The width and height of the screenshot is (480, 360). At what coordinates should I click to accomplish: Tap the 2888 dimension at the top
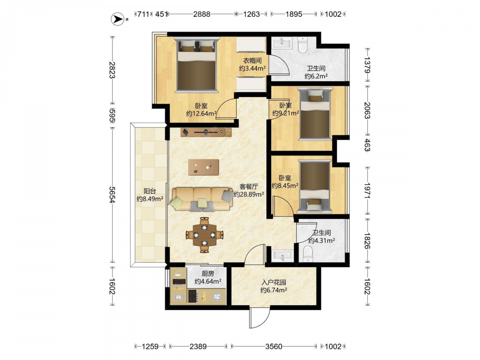(202, 14)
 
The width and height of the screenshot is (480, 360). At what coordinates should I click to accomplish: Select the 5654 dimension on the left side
(112, 195)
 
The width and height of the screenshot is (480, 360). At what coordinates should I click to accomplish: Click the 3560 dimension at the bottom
(274, 347)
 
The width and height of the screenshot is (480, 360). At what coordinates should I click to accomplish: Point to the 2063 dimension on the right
(367, 110)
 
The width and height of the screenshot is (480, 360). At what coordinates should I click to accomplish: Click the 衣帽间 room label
(252, 60)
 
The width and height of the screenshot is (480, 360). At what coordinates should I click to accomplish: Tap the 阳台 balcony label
(150, 192)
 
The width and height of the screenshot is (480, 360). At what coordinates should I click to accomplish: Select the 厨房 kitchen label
(208, 274)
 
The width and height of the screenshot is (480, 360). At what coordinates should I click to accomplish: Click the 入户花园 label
(274, 282)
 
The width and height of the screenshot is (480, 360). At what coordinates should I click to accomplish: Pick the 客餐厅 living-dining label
(249, 186)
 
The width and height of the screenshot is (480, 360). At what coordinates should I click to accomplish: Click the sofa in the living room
(202, 199)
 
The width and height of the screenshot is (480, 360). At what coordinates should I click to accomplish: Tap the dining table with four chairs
(204, 235)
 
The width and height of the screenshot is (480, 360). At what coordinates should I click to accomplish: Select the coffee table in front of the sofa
(204, 167)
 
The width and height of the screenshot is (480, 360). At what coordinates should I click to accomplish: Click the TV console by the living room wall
(206, 132)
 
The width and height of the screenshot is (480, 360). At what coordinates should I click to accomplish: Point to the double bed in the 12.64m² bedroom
(197, 65)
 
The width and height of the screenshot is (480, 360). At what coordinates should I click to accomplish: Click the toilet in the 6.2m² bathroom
(302, 45)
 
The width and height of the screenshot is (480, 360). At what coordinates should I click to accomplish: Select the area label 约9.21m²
(286, 113)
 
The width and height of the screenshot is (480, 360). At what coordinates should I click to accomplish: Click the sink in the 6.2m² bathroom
(282, 43)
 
